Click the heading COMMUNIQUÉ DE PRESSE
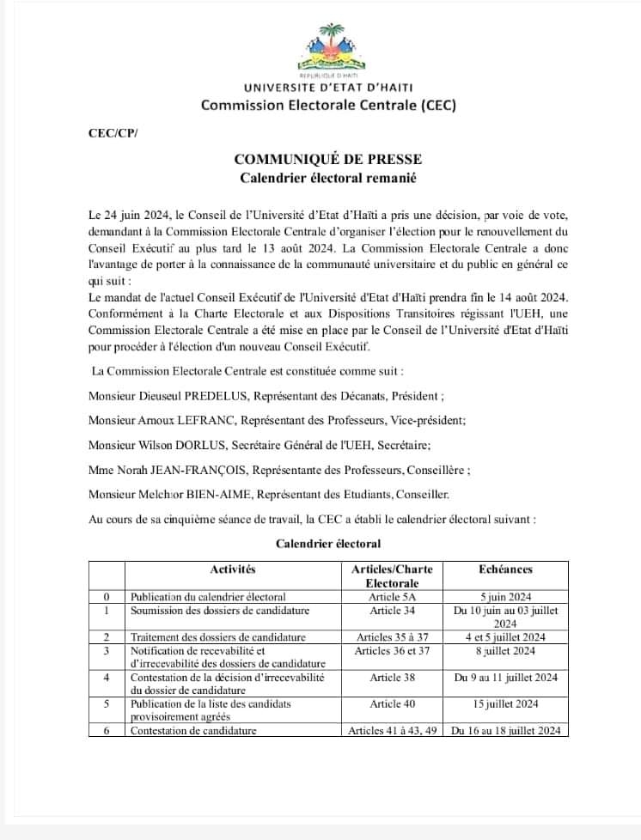tap(327, 159)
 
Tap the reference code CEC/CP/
tap(113, 133)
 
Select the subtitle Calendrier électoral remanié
tap(327, 178)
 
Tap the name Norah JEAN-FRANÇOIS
tap(181, 470)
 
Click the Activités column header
tap(233, 569)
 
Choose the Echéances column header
tap(504, 569)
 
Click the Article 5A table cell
tap(392, 597)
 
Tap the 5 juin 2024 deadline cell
tap(504, 597)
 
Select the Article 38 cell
tap(392, 678)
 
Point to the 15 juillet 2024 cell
tap(504, 703)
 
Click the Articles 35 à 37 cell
tap(392, 637)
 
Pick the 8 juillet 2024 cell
tap(504, 651)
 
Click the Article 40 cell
tap(392, 703)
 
